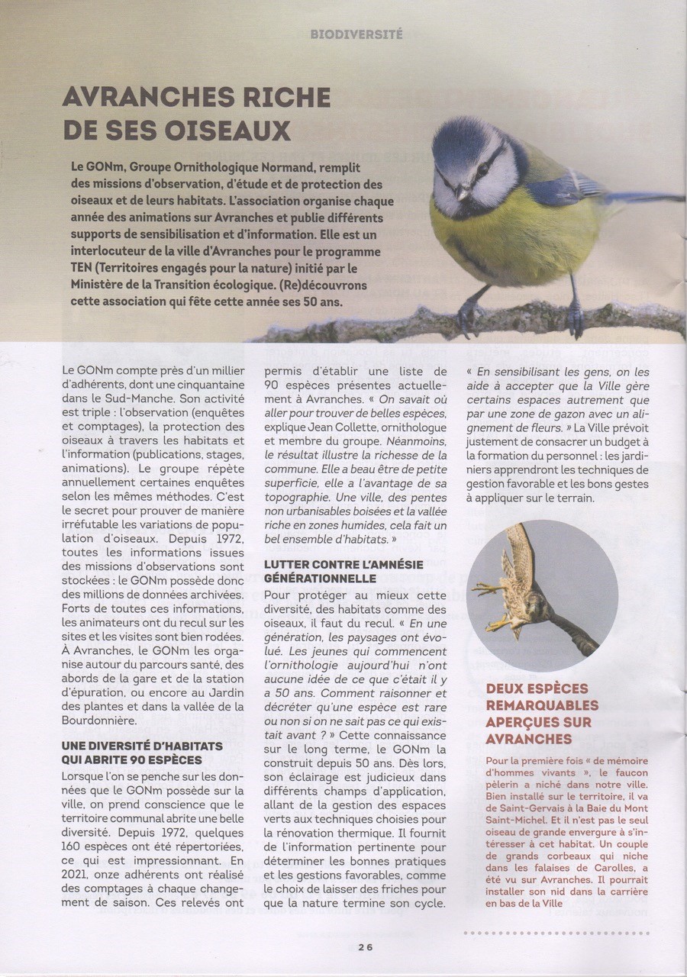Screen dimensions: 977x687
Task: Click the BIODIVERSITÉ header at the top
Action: point(357,34)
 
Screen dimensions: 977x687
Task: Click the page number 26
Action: point(364,946)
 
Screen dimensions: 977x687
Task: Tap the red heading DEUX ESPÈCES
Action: point(542,689)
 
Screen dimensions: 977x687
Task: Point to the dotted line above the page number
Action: point(573,932)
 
